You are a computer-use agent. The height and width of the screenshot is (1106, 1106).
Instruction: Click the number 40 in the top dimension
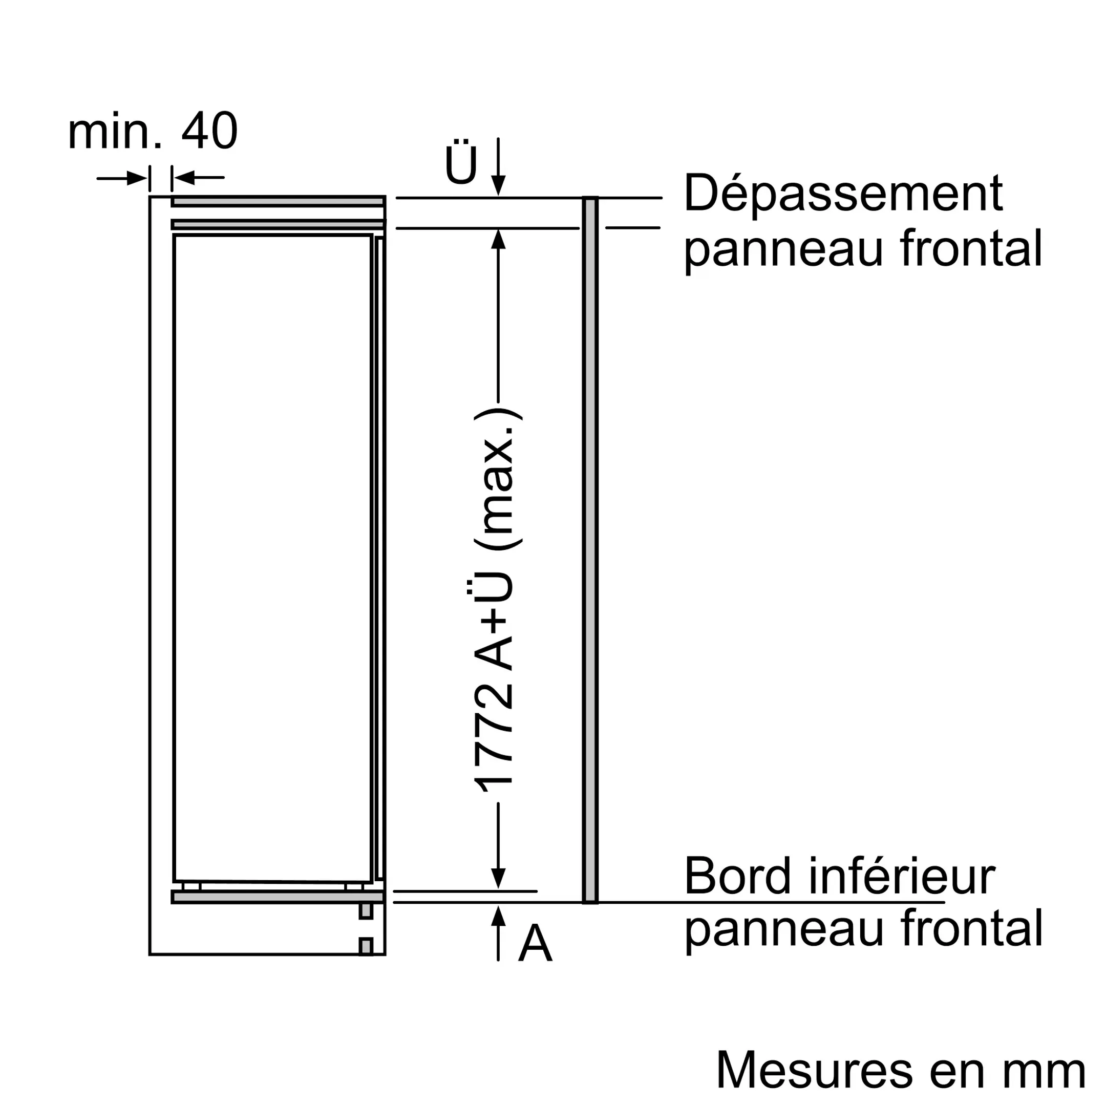pos(209,132)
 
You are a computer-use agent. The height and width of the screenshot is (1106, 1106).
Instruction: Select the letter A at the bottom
pos(535,943)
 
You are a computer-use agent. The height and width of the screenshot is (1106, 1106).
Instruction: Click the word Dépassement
pos(843,195)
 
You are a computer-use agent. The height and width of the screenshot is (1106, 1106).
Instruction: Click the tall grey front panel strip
pos(590,549)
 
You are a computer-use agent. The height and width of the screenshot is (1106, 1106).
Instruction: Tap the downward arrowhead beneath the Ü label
pos(499,185)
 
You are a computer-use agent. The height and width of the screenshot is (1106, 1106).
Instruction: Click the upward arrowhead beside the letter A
pos(499,917)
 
